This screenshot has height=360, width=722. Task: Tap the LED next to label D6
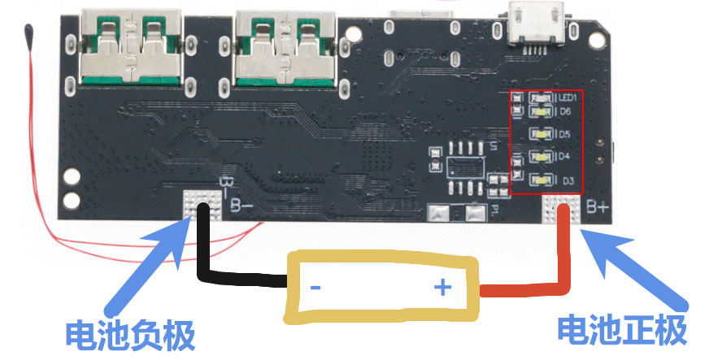pos(541,111)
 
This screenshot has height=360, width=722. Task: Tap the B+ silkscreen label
pos(598,207)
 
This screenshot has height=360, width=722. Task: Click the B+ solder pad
pos(561,210)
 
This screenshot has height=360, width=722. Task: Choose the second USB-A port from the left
pos(286,47)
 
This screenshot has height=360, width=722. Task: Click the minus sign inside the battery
pos(315,288)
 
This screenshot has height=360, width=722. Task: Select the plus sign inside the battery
pos(442,288)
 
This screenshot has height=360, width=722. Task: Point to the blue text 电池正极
pos(622,331)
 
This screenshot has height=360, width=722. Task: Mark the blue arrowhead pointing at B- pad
pos(172,237)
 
